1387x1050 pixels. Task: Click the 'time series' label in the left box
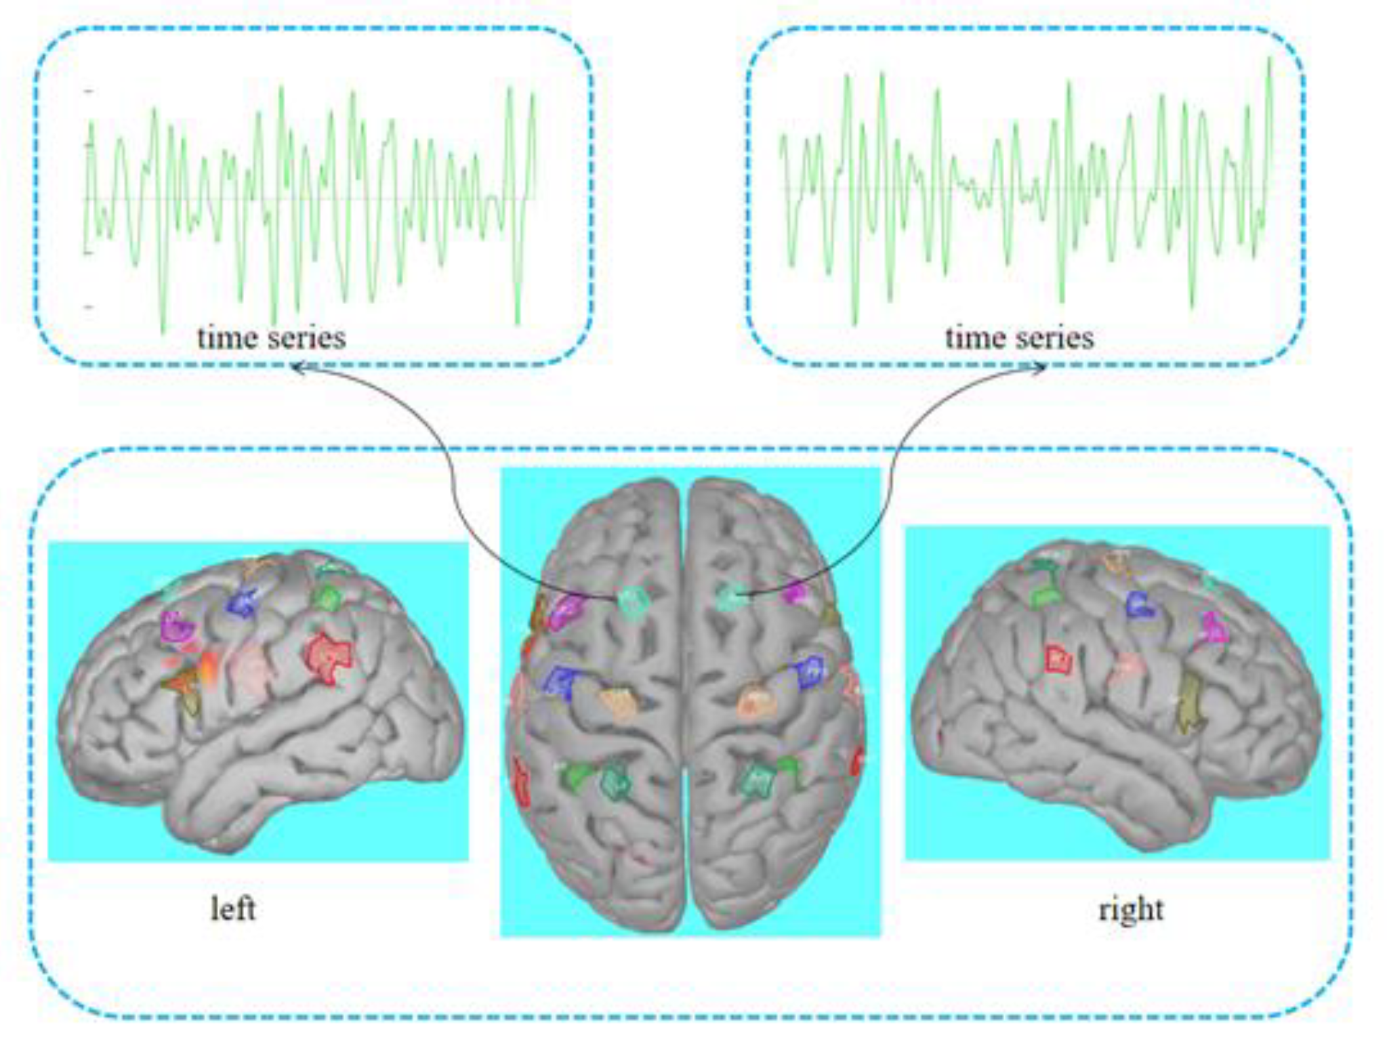271,337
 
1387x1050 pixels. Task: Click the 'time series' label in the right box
1019,337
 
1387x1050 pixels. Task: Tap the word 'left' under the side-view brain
232,908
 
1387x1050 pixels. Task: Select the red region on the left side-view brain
329,656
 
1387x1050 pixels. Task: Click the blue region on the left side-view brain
243,602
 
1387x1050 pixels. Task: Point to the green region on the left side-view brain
328,598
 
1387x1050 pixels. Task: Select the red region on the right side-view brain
1058,658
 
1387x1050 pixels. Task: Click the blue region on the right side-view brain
1140,604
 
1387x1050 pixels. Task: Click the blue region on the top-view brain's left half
560,681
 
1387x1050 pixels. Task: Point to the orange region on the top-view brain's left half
618,703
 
